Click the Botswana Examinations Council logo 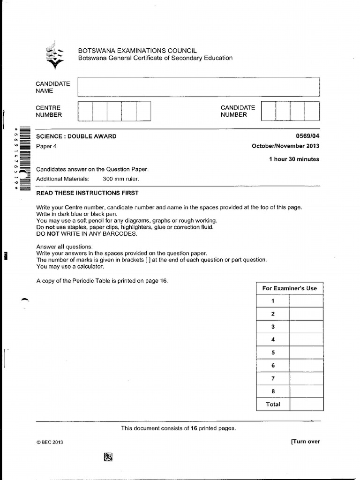point(55,54)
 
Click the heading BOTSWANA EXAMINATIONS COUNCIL point(137,51)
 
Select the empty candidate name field point(198,87)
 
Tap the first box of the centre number point(85,111)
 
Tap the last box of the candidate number point(312,111)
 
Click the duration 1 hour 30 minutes point(294,159)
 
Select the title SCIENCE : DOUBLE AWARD point(76,136)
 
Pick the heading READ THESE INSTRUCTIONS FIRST point(87,193)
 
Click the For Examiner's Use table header point(289,288)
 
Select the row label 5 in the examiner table point(273,352)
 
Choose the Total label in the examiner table point(273,404)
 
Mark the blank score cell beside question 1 point(306,301)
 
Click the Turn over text point(305,441)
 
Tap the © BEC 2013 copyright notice point(50,442)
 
